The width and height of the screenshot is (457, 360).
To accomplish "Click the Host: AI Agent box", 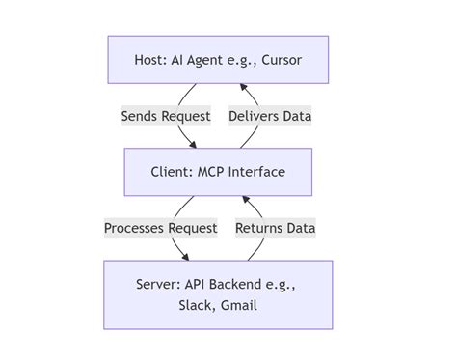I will click(218, 60).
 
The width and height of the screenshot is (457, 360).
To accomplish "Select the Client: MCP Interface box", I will click(218, 172).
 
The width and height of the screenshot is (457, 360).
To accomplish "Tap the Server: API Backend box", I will click(218, 294).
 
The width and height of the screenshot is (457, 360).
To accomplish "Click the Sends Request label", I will click(166, 116).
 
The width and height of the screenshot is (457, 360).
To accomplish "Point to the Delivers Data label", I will click(270, 116).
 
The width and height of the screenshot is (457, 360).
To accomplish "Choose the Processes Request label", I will click(161, 228).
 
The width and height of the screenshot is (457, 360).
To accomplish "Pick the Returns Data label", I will click(275, 228).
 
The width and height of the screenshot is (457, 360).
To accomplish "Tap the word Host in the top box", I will click(151, 60).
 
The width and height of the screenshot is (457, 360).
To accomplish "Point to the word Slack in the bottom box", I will click(196, 306).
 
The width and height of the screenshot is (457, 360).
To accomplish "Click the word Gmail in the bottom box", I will click(239, 306).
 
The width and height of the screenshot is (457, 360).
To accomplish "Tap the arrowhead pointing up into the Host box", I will click(242, 87).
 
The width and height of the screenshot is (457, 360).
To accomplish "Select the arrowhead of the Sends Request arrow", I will click(192, 145).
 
